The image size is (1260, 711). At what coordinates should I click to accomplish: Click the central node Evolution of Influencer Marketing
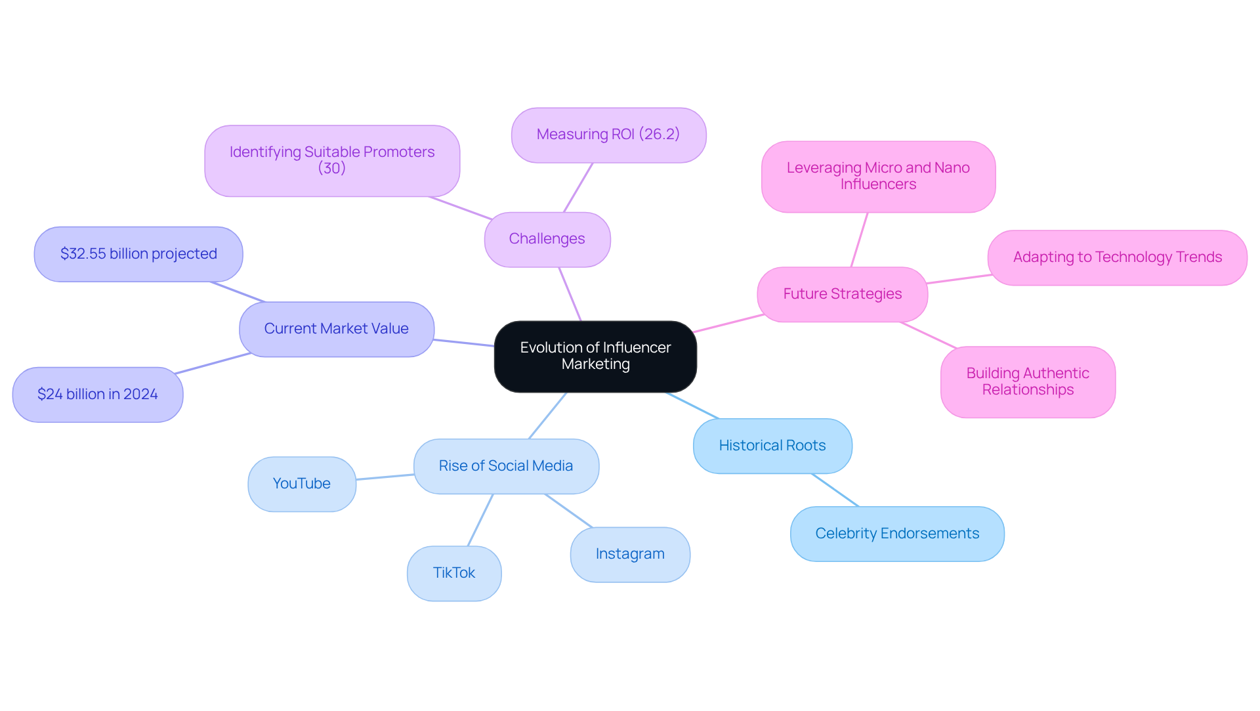[595, 356]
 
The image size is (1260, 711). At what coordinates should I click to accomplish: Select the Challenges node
[547, 239]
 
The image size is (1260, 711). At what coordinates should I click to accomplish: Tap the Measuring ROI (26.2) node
[608, 135]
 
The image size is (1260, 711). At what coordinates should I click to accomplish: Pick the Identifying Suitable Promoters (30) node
[332, 160]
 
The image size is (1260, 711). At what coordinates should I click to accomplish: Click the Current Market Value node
[336, 329]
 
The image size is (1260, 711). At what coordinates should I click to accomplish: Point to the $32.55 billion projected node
[138, 254]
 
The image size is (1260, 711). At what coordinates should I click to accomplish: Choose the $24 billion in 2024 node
[98, 394]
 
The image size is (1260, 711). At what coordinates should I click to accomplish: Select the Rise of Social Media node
[506, 466]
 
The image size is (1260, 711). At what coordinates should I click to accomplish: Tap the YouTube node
[302, 484]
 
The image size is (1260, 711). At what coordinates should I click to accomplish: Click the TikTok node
[454, 573]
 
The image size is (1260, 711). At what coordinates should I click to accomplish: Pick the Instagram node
[630, 554]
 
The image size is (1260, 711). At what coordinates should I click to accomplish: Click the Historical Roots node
[772, 446]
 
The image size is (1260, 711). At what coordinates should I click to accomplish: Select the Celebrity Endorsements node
[897, 534]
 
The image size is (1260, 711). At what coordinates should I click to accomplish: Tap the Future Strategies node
[842, 294]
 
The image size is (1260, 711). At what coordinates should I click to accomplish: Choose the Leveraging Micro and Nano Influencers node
[878, 176]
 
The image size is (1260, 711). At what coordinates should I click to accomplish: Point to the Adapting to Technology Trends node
[1117, 257]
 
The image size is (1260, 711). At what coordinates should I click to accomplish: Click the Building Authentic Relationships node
[1028, 381]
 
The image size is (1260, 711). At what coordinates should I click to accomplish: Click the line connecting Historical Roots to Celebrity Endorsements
[835, 490]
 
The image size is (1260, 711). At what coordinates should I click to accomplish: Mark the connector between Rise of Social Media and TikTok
[480, 520]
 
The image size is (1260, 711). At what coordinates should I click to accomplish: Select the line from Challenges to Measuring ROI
[578, 188]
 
